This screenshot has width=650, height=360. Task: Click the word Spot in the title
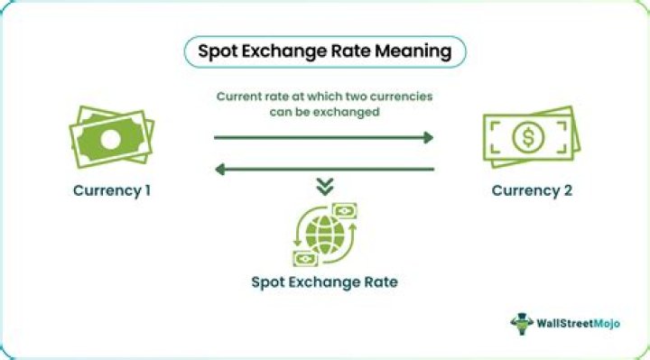217,52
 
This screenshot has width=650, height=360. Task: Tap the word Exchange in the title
284,52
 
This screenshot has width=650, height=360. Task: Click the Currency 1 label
112,190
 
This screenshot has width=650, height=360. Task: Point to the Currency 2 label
532,190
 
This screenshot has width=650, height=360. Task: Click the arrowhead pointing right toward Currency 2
429,137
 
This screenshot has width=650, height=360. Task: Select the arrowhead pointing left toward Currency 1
220,169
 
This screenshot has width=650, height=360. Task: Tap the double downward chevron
325,187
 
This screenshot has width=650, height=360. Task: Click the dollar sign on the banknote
528,137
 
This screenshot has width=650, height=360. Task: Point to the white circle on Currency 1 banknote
111,140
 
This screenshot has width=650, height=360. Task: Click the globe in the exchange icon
325,235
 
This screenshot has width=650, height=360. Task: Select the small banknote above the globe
344,211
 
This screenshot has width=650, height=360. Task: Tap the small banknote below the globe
305,259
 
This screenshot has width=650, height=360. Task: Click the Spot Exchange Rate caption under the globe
325,282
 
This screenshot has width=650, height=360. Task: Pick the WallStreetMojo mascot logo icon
522,324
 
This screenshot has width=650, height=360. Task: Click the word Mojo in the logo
607,324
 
